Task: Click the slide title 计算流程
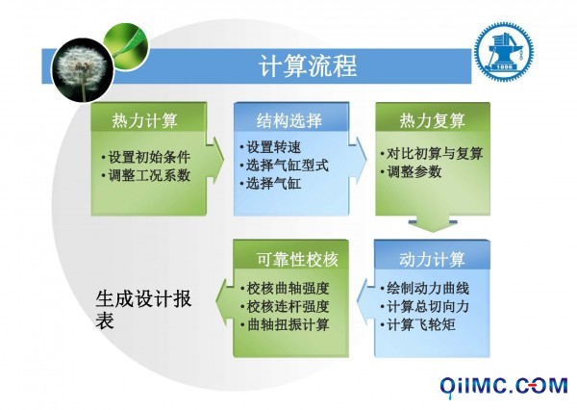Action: (308, 66)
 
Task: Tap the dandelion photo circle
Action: (83, 70)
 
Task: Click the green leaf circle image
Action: (126, 46)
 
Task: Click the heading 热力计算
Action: (144, 120)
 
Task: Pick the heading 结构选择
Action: (289, 120)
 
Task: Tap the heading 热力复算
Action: (433, 120)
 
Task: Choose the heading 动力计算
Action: (433, 259)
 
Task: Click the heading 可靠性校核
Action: (297, 259)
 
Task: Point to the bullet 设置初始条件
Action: (146, 157)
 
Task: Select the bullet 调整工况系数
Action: (146, 175)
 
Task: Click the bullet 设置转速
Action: (270, 147)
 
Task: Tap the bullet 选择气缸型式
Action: (284, 166)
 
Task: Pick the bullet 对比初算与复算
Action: (432, 153)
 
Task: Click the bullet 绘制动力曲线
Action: (425, 288)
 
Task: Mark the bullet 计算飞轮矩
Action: (418, 324)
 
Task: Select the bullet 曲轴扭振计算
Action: (285, 324)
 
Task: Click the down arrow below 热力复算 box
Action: (433, 224)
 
